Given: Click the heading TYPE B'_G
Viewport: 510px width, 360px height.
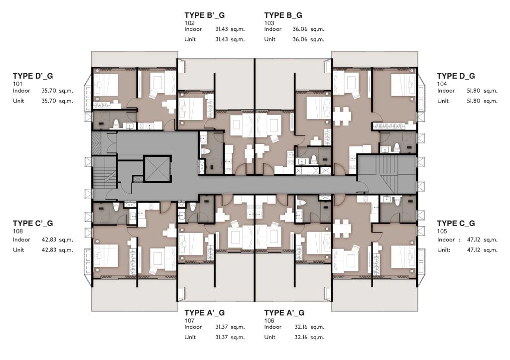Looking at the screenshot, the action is [x=204, y=15].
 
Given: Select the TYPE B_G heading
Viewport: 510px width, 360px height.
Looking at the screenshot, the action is [x=283, y=15].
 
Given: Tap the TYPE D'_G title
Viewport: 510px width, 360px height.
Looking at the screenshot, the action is [x=33, y=76].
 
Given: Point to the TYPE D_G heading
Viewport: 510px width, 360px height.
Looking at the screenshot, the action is [x=456, y=76].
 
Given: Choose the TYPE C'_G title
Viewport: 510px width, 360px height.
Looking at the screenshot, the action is [x=33, y=224].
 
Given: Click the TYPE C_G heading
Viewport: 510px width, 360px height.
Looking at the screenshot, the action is [x=456, y=224].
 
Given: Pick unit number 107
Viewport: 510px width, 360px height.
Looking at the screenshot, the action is [x=189, y=320].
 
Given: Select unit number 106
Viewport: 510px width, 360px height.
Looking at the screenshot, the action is [x=269, y=320].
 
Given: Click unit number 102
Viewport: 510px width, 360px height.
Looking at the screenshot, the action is [x=189, y=23].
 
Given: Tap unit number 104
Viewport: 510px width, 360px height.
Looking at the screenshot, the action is [x=442, y=84].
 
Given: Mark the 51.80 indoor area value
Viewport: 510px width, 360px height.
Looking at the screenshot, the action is [x=473, y=91].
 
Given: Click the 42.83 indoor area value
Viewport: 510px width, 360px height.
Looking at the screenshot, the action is [x=49, y=240].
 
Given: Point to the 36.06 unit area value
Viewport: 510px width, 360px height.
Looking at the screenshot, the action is [x=300, y=39].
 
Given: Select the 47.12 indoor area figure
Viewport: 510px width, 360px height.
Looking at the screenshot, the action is [x=474, y=240].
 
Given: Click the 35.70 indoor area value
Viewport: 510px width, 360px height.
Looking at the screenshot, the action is [x=49, y=91].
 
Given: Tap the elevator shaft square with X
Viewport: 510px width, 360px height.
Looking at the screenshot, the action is [x=157, y=169].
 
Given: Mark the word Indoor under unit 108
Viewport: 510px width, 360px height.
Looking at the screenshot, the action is [x=21, y=240].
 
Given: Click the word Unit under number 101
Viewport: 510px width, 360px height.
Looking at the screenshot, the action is [x=18, y=101].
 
